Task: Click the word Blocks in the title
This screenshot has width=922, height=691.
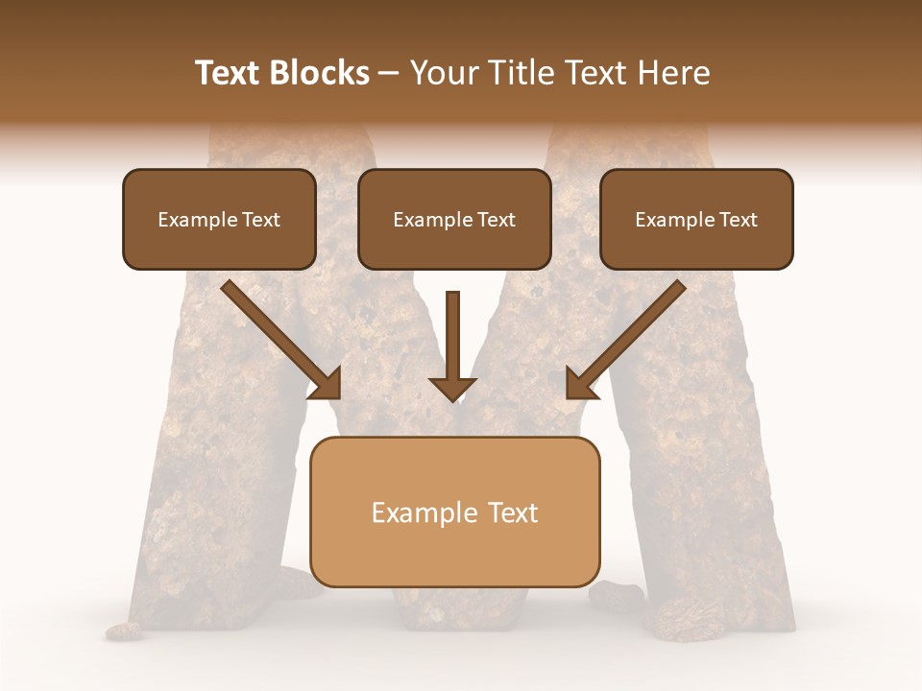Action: [x=318, y=73]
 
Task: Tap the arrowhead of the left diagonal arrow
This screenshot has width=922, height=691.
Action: [x=327, y=384]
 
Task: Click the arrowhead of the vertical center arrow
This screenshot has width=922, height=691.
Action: [x=452, y=389]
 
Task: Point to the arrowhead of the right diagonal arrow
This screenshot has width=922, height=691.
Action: [x=579, y=384]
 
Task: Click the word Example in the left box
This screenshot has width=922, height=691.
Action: [x=187, y=220]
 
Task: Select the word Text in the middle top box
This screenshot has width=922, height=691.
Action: [x=496, y=220]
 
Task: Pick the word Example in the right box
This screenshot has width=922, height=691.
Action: [x=665, y=220]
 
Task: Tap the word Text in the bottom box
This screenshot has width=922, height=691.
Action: [x=513, y=512]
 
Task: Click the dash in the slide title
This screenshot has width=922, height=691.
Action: [x=389, y=73]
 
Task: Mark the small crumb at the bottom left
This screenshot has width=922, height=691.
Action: [x=123, y=631]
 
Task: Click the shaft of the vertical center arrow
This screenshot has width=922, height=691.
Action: [x=452, y=331]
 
